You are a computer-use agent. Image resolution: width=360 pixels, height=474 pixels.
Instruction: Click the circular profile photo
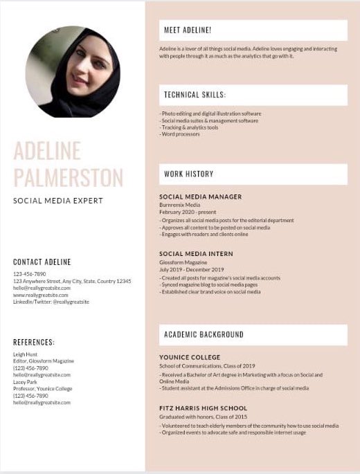73,71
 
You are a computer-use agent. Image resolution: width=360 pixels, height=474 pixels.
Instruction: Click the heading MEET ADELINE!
188,30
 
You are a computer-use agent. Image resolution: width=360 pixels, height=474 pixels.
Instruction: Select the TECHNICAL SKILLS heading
195,95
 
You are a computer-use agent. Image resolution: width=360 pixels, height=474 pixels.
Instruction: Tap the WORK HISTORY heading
188,174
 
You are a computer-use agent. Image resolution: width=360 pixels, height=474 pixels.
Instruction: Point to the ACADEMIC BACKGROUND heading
204,335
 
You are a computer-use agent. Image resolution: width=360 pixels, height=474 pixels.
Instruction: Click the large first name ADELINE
47,150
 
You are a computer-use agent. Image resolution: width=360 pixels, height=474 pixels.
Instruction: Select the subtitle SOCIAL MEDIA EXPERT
57,201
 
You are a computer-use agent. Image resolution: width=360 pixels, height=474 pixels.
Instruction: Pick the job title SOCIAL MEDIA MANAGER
201,197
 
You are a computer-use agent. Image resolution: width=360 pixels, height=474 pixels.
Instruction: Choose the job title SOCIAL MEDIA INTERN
196,254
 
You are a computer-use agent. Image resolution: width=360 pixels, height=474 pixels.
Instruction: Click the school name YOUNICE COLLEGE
190,358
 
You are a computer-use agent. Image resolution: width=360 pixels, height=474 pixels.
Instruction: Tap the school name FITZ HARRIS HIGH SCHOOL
203,409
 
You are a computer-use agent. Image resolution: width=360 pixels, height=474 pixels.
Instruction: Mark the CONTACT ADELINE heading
42,262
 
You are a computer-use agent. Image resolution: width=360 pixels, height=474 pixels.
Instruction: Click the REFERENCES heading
33,343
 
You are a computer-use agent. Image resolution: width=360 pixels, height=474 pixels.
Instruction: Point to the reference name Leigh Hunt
26,354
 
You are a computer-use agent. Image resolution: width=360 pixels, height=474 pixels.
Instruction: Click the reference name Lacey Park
26,382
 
